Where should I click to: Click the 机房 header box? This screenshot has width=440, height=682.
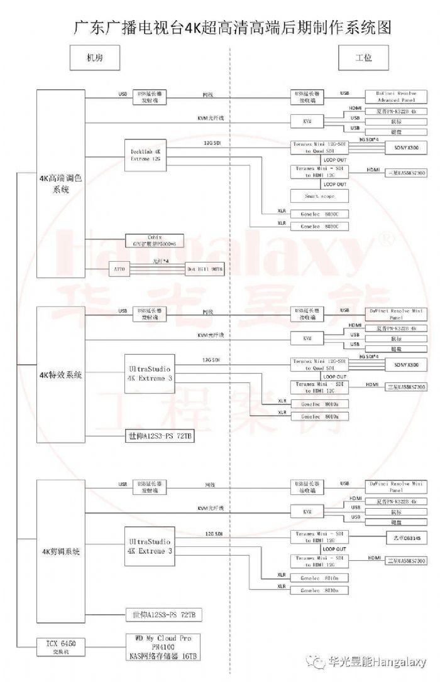94,58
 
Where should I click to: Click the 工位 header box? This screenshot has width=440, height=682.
363,58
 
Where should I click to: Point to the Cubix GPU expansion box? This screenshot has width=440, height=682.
146,240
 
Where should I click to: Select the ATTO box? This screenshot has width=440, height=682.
119,269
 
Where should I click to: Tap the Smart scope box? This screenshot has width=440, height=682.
320,196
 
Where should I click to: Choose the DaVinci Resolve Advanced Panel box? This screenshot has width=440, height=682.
397,96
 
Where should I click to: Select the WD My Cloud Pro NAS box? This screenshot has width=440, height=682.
166,647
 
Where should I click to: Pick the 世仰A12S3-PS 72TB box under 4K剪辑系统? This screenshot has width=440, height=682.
165,614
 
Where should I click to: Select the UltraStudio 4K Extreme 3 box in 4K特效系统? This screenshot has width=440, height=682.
150,374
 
